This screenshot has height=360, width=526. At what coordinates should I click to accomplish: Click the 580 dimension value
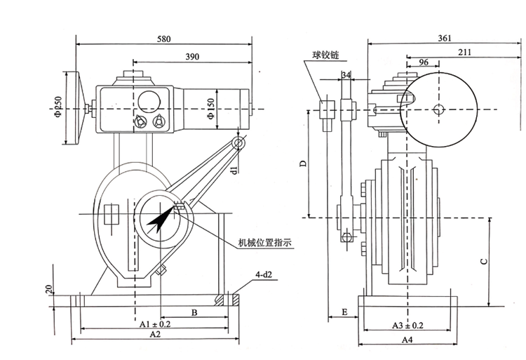164,39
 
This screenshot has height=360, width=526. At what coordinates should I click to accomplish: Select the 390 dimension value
193,57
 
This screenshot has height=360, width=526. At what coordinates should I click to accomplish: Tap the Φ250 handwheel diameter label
58,107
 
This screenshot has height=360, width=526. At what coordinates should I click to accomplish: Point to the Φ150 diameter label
210,108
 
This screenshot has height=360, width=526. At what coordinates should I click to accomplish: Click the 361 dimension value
445,39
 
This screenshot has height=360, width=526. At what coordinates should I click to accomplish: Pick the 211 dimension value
464,52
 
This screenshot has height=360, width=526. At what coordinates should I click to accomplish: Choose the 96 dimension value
424,62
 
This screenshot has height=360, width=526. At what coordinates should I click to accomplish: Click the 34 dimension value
346,75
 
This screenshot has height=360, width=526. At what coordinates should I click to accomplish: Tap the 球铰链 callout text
325,55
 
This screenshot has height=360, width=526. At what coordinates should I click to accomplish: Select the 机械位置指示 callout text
265,242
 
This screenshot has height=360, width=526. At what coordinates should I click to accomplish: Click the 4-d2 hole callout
264,275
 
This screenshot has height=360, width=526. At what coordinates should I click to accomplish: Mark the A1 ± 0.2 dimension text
155,324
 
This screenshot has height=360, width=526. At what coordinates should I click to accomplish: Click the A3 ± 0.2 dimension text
408,325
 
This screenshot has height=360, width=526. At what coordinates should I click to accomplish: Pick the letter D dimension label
303,164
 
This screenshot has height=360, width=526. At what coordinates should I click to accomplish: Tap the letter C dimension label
484,261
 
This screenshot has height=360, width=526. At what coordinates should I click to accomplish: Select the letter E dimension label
344,312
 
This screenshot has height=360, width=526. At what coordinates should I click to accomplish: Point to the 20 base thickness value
49,289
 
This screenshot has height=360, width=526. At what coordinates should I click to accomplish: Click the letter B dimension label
194,313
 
